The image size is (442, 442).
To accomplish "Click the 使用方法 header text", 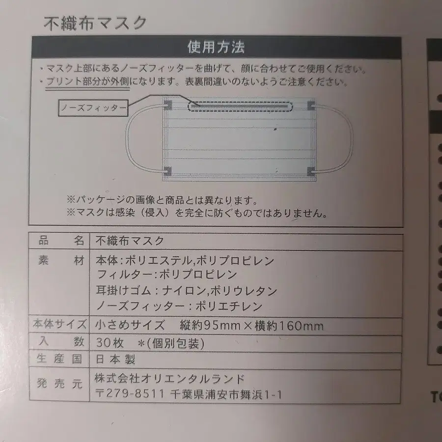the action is click(216, 47).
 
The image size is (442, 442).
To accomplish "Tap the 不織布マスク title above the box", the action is click(95, 23).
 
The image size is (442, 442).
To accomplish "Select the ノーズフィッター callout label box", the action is click(93, 108).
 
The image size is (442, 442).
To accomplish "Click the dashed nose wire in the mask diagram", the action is click(241, 107).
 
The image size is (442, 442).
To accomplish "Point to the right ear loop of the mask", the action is click(352, 138).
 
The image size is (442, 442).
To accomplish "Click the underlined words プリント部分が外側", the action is click(88, 82).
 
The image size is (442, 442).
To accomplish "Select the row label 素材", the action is click(61, 260).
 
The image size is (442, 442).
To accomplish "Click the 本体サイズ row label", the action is click(59, 324).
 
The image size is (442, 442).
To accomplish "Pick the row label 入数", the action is click(61, 341).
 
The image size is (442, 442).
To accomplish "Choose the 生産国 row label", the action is click(59, 359).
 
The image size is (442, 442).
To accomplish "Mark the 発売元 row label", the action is click(59, 384).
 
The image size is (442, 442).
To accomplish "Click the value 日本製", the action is click(115, 359).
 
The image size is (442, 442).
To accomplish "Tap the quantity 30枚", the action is click(110, 343).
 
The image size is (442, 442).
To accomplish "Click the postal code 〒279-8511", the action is click(129, 393).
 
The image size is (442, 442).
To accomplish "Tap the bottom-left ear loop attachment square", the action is click(168, 170).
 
